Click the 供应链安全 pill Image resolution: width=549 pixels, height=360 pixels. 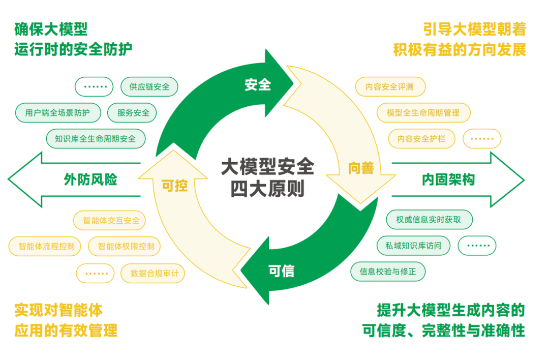[149, 86]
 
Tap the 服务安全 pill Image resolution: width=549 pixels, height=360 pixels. [133, 113]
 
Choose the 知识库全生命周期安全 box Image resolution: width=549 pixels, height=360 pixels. [96, 138]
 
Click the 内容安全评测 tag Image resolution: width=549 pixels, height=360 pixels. [389, 86]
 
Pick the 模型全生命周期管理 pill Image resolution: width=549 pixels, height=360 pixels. [423, 113]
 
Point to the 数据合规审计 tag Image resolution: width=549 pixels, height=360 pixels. [154, 273]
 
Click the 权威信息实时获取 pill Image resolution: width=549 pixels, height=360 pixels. [429, 220]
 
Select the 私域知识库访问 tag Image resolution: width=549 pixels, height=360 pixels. [413, 246]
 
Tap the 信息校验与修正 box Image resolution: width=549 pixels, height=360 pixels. [388, 272]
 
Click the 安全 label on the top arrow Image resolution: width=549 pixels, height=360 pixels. [258, 85]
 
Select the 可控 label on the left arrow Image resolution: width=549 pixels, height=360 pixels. [174, 186]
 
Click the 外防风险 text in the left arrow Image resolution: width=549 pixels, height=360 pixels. [90, 179]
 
